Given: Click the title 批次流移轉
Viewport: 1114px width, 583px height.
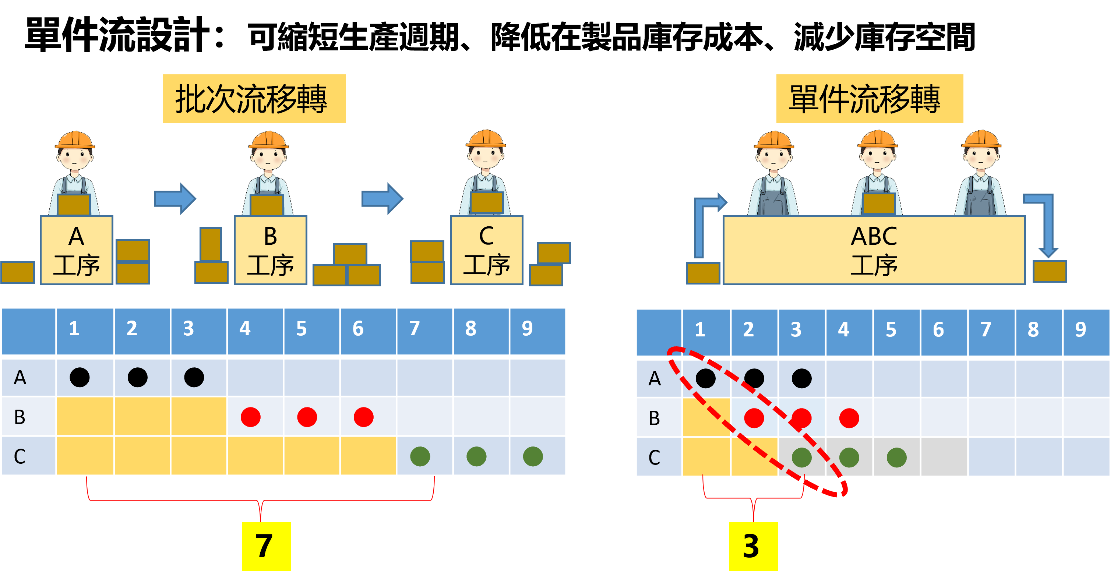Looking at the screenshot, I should (x=254, y=99).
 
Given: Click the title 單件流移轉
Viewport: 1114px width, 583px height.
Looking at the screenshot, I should (x=869, y=99).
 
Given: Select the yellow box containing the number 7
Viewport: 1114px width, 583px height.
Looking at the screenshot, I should (x=267, y=546).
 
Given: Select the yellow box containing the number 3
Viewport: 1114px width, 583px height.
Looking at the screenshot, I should (x=753, y=546).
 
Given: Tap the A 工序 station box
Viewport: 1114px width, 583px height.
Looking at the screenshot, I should (x=77, y=250).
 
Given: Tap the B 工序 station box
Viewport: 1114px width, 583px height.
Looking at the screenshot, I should (x=270, y=250).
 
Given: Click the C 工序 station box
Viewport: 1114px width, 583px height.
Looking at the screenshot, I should (x=487, y=250).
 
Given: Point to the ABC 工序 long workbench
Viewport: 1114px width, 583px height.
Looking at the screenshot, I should (x=874, y=250).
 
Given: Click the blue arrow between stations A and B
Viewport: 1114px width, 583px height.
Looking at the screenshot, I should (x=175, y=198).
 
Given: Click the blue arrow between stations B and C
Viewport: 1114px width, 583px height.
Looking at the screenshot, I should (x=382, y=198).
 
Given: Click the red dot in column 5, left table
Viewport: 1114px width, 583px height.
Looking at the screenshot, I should (x=307, y=417).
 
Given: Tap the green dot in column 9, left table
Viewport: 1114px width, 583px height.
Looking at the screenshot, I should (x=533, y=456).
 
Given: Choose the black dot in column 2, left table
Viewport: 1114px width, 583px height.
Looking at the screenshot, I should (x=138, y=377).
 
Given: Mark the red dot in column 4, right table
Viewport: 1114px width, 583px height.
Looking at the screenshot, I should (x=849, y=418).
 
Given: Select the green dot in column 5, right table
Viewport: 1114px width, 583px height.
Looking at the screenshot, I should (x=896, y=457).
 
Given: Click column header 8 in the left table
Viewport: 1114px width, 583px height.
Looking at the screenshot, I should (x=471, y=329).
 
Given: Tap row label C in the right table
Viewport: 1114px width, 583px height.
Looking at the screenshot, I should (x=654, y=457).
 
